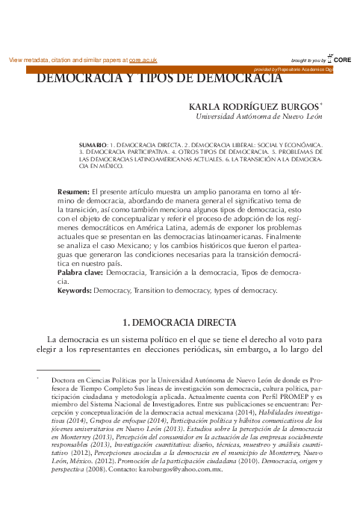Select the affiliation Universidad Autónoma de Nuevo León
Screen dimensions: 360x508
coord(258,117)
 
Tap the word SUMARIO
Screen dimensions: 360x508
coord(92,143)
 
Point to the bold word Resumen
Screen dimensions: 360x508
coord(73,193)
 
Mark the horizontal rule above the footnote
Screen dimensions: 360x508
coord(68,370)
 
